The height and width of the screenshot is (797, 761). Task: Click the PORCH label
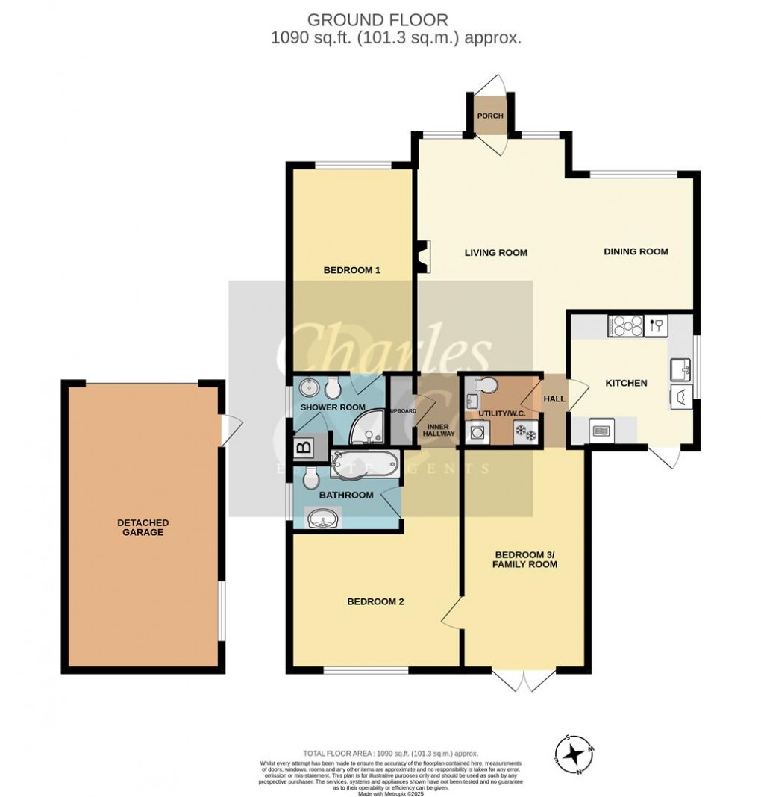[x=490, y=116]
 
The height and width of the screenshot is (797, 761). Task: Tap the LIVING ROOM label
[x=495, y=253]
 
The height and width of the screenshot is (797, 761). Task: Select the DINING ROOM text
[x=636, y=251]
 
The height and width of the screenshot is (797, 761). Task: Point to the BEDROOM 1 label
[x=351, y=271]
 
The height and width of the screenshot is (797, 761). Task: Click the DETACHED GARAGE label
[x=142, y=528]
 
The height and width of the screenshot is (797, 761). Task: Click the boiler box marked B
[x=303, y=448]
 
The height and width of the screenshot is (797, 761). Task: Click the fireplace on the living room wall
[x=424, y=256]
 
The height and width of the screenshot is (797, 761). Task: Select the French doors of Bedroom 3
[x=524, y=678]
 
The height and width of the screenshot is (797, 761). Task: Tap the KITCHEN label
[x=625, y=383]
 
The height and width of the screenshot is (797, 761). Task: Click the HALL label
[x=554, y=399]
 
